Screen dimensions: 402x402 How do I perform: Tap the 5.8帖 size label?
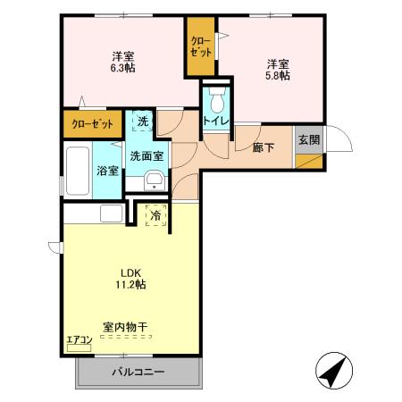point(277,76)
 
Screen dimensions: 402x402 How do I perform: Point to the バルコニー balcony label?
point(138,371)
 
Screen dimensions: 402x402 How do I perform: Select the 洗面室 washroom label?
point(147,155)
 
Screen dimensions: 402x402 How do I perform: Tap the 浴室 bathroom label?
point(108,170)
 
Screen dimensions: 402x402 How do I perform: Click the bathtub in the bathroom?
point(77,170)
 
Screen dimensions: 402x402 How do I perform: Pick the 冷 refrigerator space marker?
point(155,215)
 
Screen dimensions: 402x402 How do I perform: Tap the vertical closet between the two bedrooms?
point(200,46)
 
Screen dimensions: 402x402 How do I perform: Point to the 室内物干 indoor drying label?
point(124,327)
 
